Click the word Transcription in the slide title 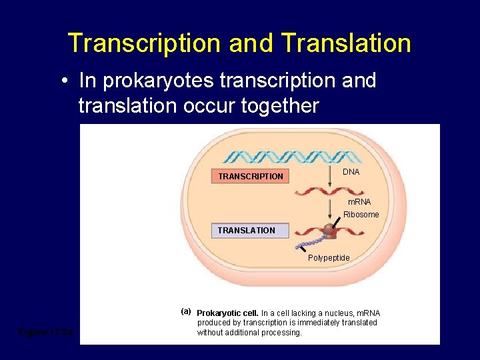(x=144, y=43)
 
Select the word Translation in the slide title (x=346, y=43)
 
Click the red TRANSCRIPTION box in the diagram (x=251, y=177)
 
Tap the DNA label (x=351, y=172)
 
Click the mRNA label (x=359, y=201)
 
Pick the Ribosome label (x=361, y=215)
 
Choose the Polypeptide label (x=328, y=258)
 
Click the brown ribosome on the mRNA (x=329, y=230)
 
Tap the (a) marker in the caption (x=186, y=311)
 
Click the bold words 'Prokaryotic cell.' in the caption (x=227, y=313)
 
